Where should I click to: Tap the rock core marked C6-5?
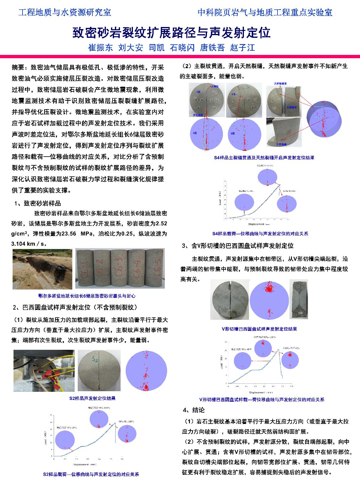155,268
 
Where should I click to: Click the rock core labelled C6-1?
85,268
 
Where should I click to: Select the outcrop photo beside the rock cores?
42,269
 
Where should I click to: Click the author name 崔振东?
100,48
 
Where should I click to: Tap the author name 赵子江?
242,48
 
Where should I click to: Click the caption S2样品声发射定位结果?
92,398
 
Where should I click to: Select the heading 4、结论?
193,410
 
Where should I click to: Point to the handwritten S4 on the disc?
248,88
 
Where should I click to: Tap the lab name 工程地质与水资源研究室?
65,12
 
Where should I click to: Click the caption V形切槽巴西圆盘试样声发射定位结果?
259,329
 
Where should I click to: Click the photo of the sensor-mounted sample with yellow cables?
44,370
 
